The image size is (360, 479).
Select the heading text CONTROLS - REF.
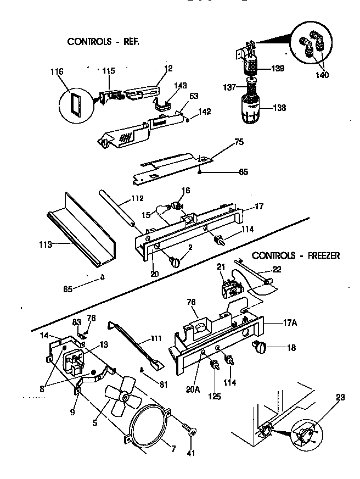100,41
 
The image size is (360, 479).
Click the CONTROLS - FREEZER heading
296,255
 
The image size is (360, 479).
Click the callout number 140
323,75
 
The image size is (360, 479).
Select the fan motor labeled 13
75,361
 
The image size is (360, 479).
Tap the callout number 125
215,396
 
